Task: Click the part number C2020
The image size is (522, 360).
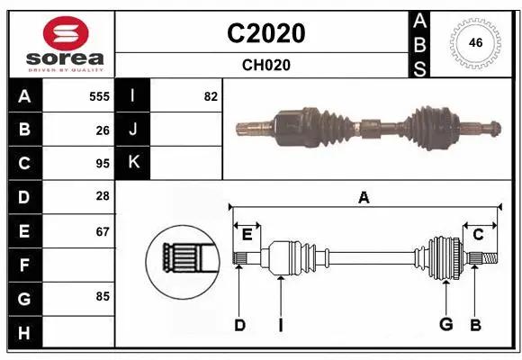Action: [x=265, y=33]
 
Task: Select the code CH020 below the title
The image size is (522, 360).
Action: [x=265, y=65]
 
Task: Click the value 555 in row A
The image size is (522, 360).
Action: [x=99, y=96]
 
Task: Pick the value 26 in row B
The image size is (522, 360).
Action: [x=103, y=130]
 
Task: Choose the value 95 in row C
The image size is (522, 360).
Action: [x=103, y=164]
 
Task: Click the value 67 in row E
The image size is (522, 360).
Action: [x=103, y=231]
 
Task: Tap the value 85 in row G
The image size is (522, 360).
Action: [x=103, y=295]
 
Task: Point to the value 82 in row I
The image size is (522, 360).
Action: [x=211, y=96]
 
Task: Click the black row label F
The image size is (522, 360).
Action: [x=24, y=265]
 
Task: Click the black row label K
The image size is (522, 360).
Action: [x=133, y=163]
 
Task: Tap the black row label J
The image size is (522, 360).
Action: [x=133, y=130]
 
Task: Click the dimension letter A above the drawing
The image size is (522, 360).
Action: [x=364, y=198]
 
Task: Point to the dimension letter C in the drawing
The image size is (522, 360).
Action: [x=478, y=234]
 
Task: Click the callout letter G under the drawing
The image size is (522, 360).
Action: [x=445, y=325]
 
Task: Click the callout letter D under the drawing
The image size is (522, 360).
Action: [x=239, y=325]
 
